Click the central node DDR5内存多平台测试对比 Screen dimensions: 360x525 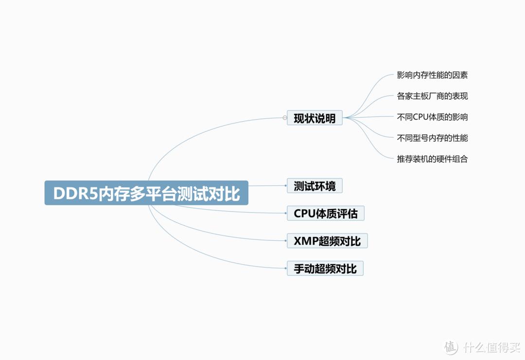click(146, 193)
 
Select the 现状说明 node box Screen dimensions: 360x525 click(315, 118)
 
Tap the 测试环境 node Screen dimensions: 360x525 click(315, 185)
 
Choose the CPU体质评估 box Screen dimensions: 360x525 click(325, 213)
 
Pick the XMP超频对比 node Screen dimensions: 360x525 click(327, 241)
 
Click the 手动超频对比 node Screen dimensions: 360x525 click(325, 269)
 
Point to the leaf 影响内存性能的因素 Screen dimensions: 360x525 click(432, 75)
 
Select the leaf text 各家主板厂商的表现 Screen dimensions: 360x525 click(432, 96)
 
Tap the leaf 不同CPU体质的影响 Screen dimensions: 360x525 click(432, 117)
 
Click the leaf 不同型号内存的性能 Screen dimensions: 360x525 click(432, 138)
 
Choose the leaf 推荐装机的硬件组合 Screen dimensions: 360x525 click(432, 159)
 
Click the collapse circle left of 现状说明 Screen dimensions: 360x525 click(285, 118)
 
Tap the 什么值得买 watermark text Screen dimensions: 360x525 click(490, 347)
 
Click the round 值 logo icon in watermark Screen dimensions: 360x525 click(451, 347)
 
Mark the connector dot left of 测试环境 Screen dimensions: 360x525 click(286, 185)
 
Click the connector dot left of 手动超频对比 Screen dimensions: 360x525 click(286, 269)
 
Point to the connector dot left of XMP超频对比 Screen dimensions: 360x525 click(286, 241)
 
